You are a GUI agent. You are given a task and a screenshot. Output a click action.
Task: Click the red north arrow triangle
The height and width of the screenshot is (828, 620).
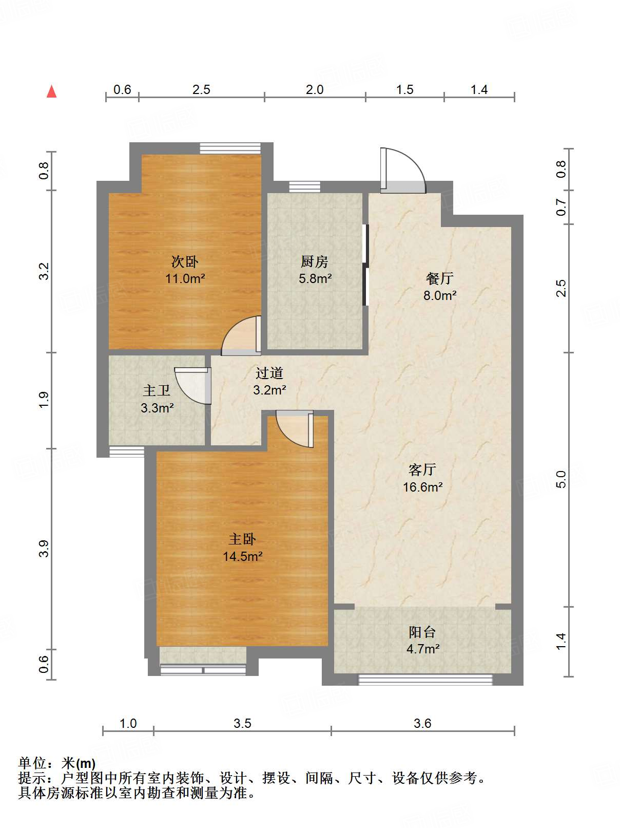pyautogui.click(x=52, y=91)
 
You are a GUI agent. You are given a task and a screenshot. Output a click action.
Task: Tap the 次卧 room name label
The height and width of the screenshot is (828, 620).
pyautogui.click(x=185, y=261)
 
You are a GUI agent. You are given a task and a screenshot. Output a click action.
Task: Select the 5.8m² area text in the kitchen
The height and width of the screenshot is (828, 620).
pyautogui.click(x=315, y=278)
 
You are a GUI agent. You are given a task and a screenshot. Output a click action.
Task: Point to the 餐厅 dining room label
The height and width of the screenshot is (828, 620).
pyautogui.click(x=439, y=278)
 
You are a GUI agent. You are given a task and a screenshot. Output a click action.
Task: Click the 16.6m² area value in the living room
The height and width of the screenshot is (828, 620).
pyautogui.click(x=422, y=487)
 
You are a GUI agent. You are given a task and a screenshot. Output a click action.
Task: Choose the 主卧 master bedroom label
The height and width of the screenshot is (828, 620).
pyautogui.click(x=242, y=539)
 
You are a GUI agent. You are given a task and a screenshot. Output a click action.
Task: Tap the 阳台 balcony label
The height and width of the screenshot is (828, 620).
pyautogui.click(x=422, y=632)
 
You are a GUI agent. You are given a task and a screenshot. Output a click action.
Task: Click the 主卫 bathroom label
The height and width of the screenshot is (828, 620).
pyautogui.click(x=157, y=390)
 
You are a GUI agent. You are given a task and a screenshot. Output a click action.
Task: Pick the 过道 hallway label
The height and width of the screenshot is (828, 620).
pyautogui.click(x=269, y=373)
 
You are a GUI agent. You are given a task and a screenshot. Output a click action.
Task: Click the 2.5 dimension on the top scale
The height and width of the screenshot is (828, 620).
pyautogui.click(x=201, y=90)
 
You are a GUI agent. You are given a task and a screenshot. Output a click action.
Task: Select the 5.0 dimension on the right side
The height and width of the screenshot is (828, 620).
pyautogui.click(x=561, y=479)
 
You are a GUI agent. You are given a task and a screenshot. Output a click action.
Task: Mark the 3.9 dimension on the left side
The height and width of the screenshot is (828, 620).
pyautogui.click(x=44, y=549)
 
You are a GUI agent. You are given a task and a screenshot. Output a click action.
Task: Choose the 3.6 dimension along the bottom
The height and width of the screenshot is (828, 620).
pyautogui.click(x=422, y=723)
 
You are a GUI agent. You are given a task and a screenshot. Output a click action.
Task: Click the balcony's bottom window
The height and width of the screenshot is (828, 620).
pyautogui.click(x=425, y=680)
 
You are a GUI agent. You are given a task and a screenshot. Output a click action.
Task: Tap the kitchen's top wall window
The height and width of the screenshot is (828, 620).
pyautogui.click(x=304, y=187)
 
